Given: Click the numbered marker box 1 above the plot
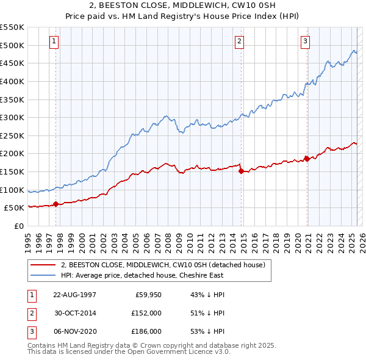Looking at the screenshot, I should pos(54,41).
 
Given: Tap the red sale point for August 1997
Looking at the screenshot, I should pos(56,204).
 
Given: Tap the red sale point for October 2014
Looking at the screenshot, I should pos(241,171).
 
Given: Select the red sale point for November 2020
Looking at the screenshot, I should pos(307,159).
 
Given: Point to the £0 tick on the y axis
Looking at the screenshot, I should pos(18,226).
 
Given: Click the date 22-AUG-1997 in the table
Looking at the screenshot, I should pos(74,295).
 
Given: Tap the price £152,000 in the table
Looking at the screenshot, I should pos(147,313).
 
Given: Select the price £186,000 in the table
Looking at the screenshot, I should pos(147,331).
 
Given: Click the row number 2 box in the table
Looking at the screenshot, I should pos(30,313).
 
